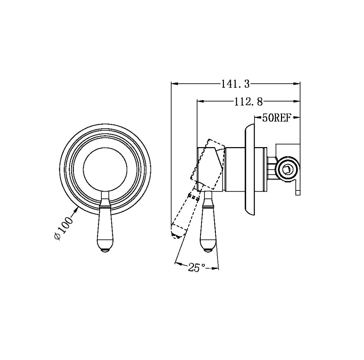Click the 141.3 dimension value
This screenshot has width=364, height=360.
click(x=235, y=84)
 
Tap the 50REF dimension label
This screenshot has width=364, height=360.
click(x=276, y=118)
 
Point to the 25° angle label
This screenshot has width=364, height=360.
click(x=196, y=268)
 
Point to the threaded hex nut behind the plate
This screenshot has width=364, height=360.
click(x=270, y=168)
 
